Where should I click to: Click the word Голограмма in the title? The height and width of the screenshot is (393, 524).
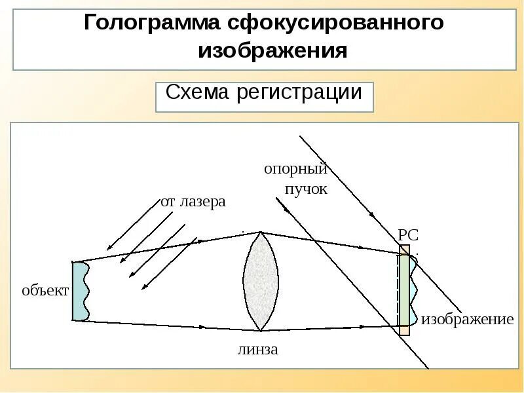tap(151, 24)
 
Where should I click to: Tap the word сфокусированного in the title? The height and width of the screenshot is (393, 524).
tap(336, 24)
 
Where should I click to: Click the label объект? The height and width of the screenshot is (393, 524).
tap(45, 291)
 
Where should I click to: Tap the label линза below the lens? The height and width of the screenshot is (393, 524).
tap(257, 350)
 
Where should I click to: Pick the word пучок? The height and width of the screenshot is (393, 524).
tap(305, 189)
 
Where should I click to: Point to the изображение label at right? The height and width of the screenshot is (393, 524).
tap(467, 320)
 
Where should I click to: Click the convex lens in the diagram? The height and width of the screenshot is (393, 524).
tap(260, 282)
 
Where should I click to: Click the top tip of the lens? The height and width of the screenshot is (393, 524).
tap(261, 233)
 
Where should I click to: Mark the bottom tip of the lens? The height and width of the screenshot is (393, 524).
tap(260, 330)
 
